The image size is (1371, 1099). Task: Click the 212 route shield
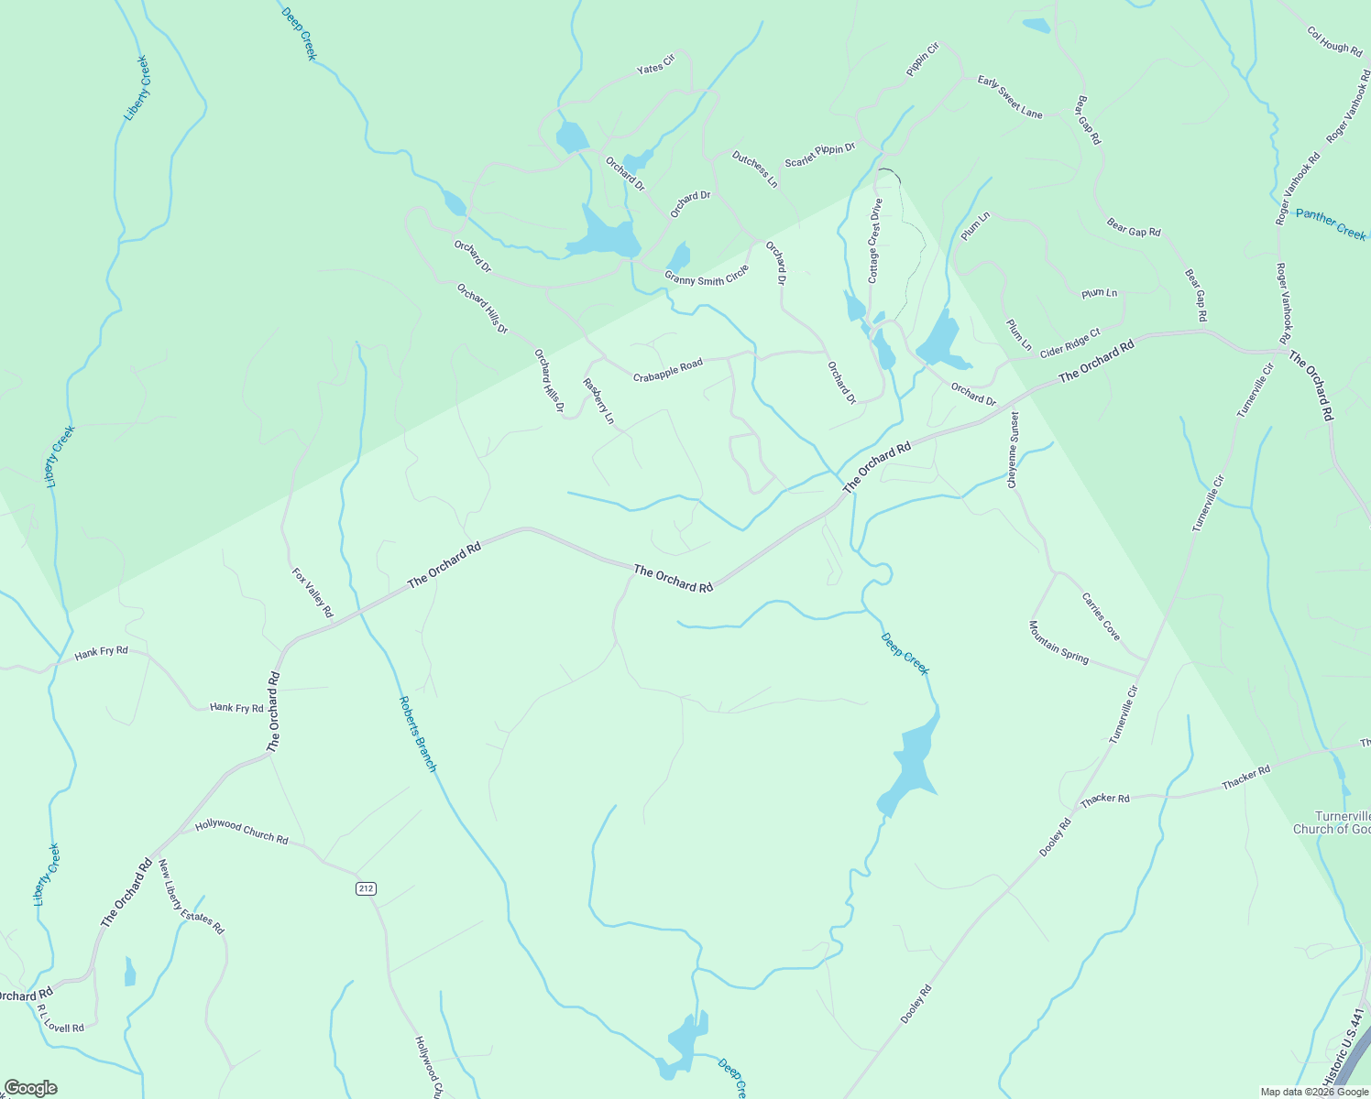366,888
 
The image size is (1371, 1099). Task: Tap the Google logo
30,1088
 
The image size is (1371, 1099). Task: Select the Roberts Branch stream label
418,734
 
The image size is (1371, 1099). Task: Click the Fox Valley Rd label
313,593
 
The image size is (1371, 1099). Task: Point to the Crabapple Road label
667,370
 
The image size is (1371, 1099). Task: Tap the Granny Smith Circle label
707,276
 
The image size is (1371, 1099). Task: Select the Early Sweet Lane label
1010,97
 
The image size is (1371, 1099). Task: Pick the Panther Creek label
1331,224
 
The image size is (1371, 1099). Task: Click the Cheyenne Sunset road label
1013,450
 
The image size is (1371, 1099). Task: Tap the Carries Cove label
1101,617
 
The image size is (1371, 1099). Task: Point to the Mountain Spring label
1058,642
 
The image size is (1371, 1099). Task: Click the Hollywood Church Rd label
242,832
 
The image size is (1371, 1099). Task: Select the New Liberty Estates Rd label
191,897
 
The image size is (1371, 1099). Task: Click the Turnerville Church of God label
1332,822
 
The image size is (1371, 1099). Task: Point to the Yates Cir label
655,64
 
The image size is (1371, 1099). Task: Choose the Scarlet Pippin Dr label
819,155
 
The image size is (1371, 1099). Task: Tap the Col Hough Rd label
1334,41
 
